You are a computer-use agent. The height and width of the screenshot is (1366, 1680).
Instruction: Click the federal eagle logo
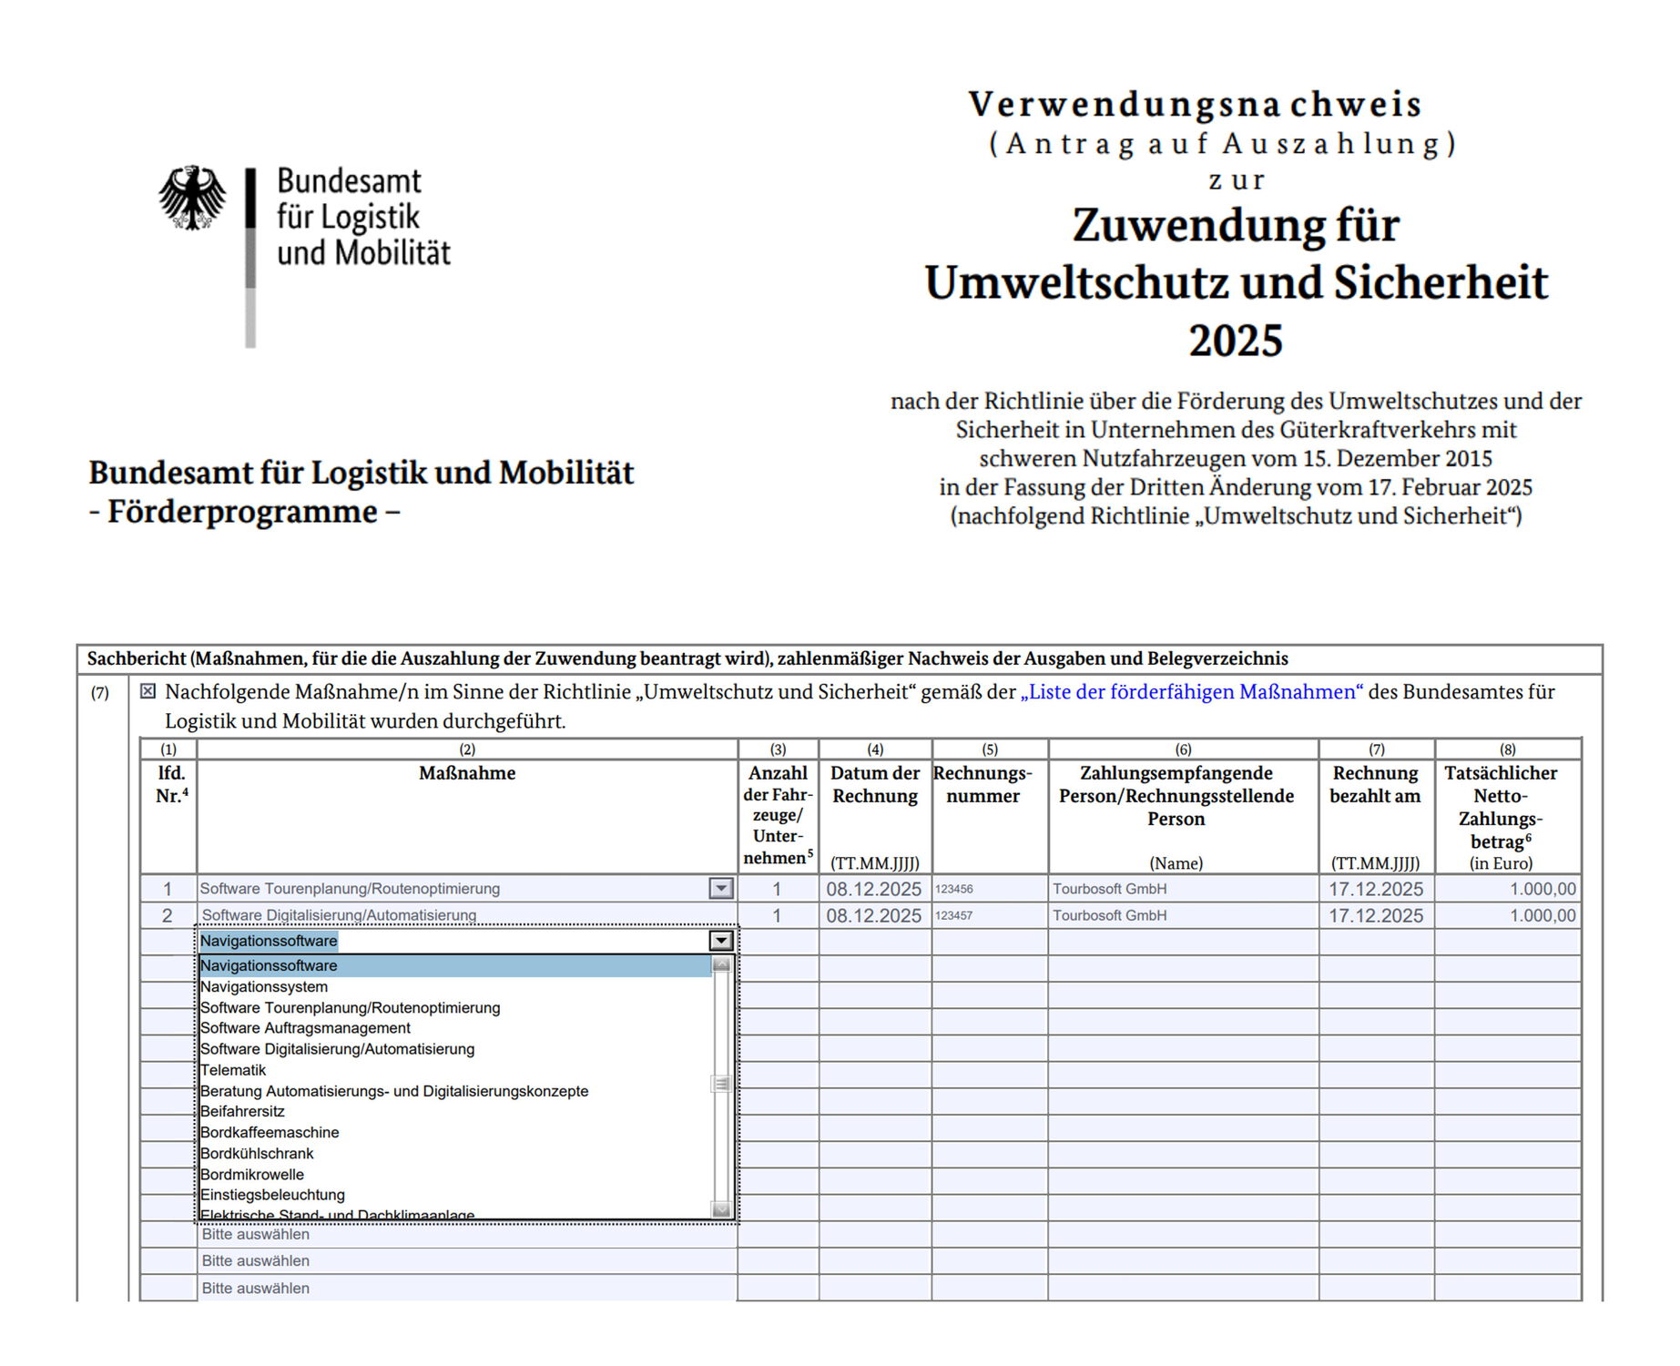[x=192, y=198]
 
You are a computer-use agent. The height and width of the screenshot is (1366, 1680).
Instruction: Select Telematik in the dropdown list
[x=233, y=1070]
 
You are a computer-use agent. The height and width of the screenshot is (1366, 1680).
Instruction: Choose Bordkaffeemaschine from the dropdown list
[x=270, y=1132]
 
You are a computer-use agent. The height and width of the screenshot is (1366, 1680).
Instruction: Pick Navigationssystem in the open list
[x=264, y=986]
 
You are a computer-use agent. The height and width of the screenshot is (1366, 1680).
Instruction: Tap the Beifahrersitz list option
[x=242, y=1111]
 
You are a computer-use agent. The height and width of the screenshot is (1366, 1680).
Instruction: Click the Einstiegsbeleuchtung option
[x=272, y=1194]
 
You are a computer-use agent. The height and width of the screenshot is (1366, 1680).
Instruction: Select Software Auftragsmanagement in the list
[x=305, y=1028]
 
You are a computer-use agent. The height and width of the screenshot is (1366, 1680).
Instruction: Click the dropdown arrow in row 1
[x=720, y=888]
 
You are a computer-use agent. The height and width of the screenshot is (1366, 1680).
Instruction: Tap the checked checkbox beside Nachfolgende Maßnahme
[x=148, y=691]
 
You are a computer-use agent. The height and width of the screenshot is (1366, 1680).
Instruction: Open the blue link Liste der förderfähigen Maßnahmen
[x=1191, y=692]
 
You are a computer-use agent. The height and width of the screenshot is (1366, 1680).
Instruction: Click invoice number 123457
[x=954, y=915]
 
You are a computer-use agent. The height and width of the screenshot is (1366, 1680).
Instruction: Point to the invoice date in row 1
[x=873, y=889]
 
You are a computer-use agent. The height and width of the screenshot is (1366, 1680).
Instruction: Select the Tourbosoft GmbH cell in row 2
[x=1109, y=915]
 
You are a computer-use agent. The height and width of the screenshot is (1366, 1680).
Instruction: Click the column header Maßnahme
[x=467, y=773]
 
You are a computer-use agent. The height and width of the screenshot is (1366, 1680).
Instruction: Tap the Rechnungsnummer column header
[x=983, y=784]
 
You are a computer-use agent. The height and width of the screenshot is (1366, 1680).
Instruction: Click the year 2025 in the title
[x=1235, y=341]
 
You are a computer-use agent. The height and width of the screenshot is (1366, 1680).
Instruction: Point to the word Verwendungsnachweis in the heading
[x=1195, y=105]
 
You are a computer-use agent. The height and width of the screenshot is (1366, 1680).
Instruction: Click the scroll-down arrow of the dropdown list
[x=721, y=1209]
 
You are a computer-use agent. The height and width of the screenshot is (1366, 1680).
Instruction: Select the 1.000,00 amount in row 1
[x=1542, y=889]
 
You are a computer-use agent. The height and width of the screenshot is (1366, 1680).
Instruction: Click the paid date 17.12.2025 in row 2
[x=1375, y=915]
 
